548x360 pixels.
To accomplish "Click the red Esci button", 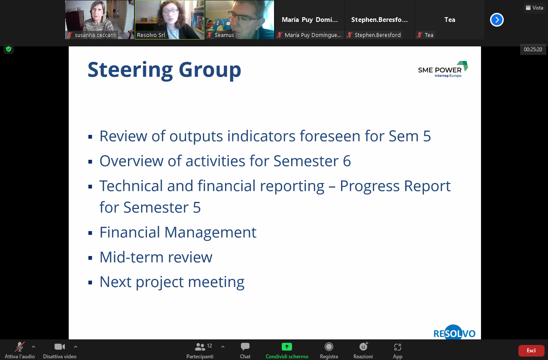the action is point(531,351).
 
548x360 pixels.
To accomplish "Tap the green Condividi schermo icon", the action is point(287,347).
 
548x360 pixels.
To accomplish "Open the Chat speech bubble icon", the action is point(245,347).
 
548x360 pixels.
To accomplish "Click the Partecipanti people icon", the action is point(200,347).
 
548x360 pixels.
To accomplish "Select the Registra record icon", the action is point(329,347).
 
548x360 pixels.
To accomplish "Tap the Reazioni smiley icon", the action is point(363,347).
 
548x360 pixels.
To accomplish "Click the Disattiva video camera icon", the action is point(59,347).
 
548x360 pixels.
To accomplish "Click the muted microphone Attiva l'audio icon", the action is point(20,347).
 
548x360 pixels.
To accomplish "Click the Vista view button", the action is point(534,8).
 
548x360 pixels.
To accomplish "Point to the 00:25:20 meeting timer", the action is point(533,49).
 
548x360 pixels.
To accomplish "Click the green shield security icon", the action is point(9,49).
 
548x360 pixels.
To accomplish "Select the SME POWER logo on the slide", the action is point(443,70).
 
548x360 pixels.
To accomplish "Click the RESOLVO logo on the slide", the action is point(454,333).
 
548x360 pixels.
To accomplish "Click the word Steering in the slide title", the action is point(130,70).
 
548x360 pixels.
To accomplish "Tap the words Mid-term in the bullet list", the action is point(131,257).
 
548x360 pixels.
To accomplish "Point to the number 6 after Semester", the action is point(347,161).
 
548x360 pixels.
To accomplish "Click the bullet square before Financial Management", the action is point(90,233).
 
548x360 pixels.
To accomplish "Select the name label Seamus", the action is point(224,35).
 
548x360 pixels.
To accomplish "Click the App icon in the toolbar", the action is point(398,347).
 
